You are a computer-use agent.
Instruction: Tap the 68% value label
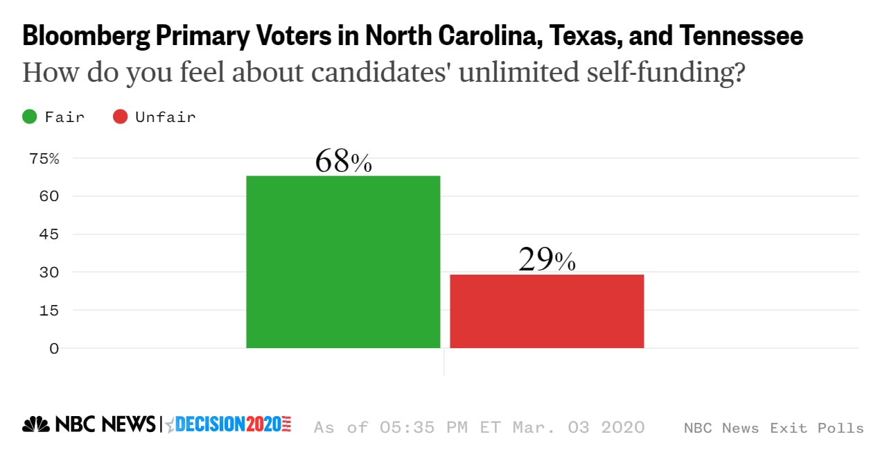(343, 162)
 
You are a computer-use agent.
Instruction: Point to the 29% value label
(547, 260)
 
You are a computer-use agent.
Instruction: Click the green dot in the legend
(30, 116)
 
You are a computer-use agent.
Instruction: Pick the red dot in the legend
(121, 116)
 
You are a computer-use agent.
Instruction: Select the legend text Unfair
(166, 116)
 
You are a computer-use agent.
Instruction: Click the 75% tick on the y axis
(44, 158)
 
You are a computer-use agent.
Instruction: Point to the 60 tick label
(44, 196)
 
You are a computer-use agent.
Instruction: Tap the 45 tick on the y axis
(44, 234)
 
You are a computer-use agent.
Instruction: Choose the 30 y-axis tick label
(44, 273)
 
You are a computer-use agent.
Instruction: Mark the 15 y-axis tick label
(44, 311)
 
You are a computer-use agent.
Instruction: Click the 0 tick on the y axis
(53, 348)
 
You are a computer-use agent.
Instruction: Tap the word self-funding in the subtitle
(667, 72)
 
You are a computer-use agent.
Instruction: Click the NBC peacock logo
(36, 424)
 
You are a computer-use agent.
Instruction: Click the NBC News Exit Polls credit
(773, 428)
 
